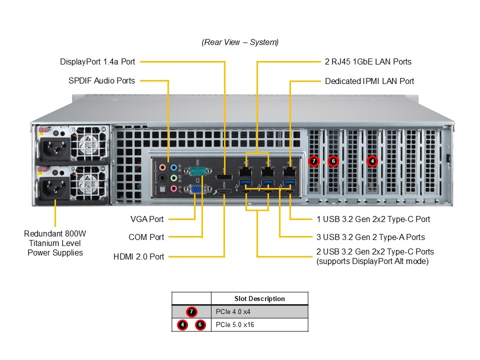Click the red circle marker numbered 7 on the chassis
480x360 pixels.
coord(314,161)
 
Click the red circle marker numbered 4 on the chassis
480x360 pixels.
coord(372,161)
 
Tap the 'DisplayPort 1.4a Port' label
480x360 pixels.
coord(97,62)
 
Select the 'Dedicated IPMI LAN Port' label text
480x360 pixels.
coord(369,81)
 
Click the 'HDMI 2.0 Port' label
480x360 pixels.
coord(139,256)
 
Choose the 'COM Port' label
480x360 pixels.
coord(146,237)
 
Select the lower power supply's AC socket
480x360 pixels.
coord(52,187)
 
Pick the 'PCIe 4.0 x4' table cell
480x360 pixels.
coord(259,312)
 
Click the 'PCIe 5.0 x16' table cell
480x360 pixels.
coord(259,325)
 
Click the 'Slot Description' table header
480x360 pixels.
coord(259,298)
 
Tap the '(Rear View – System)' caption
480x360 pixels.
coord(240,42)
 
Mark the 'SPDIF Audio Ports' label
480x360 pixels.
coord(101,80)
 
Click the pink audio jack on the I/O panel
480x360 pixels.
coord(174,188)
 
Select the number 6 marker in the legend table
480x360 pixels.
coord(200,325)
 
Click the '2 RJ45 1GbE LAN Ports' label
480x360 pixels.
coord(368,62)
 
